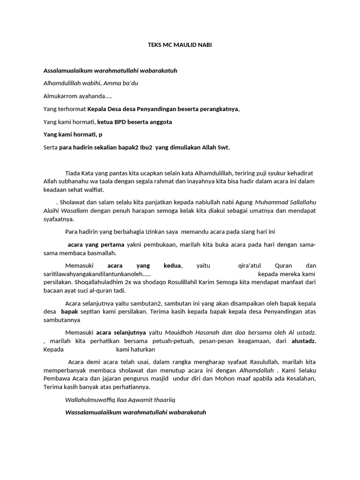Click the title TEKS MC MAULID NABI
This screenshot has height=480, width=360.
(x=180, y=45)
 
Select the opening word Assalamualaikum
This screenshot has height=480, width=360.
(x=68, y=71)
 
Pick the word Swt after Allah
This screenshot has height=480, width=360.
(x=222, y=148)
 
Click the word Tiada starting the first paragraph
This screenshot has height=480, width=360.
(x=73, y=173)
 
